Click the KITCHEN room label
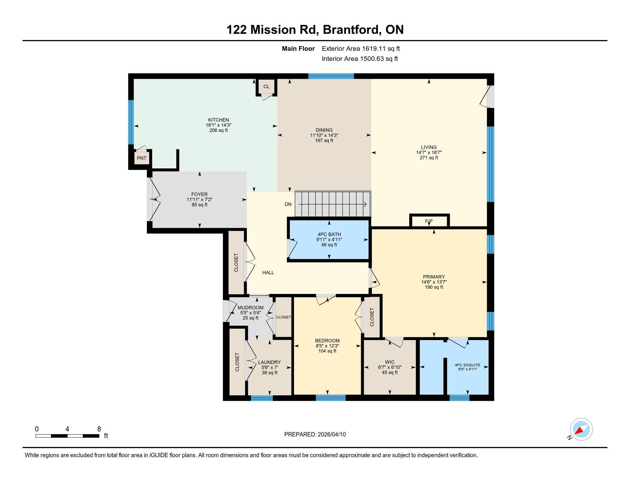coord(219,120)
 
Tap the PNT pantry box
coord(142,158)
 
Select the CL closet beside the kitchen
coord(266,87)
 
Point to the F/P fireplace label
coord(429,221)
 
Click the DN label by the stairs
coord(288,204)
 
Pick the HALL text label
coord(268,272)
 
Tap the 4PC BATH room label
coord(329,234)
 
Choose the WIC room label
coord(390,362)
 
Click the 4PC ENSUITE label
coord(468,365)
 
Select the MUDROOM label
coord(250,308)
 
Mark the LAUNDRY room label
coord(269,362)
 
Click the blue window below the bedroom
coord(330,398)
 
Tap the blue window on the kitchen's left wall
coord(131,122)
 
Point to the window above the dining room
coord(331,76)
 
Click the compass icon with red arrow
coord(581,429)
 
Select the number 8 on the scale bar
coord(99,429)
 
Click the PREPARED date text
coord(315,434)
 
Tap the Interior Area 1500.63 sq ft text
coord(360,59)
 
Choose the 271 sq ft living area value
coord(429,158)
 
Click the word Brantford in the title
coord(351,30)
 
